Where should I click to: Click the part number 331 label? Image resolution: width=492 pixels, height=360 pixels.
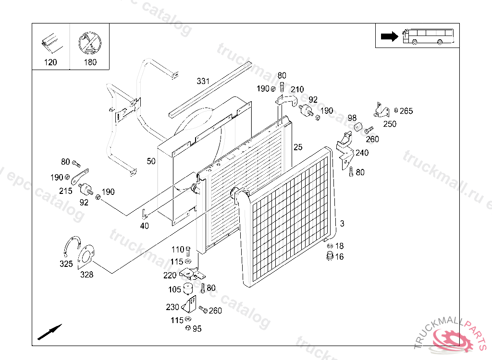pyautogui.click(x=203, y=81)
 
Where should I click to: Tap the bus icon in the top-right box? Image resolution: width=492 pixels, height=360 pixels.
pyautogui.click(x=429, y=36)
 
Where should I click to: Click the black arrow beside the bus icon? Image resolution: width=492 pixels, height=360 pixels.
pyautogui.click(x=388, y=36)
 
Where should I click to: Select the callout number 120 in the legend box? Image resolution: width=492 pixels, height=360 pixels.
pyautogui.click(x=50, y=62)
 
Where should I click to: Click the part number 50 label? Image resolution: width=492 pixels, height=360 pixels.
pyautogui.click(x=151, y=161)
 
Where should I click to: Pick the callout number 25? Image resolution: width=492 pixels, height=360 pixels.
pyautogui.click(x=298, y=147)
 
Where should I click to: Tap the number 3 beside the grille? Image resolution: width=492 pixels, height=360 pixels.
pyautogui.click(x=342, y=224)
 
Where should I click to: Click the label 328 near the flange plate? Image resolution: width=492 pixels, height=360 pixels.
pyautogui.click(x=86, y=275)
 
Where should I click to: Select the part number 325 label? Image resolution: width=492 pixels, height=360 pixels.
pyautogui.click(x=66, y=264)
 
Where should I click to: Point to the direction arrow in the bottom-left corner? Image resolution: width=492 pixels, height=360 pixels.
pyautogui.click(x=49, y=332)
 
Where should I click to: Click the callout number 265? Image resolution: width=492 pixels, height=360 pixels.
pyautogui.click(x=406, y=111)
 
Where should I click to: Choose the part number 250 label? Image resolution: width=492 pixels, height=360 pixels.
pyautogui.click(x=390, y=124)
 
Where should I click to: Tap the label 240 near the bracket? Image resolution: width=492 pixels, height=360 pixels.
pyautogui.click(x=362, y=153)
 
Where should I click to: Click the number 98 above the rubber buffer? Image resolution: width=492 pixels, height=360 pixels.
pyautogui.click(x=352, y=118)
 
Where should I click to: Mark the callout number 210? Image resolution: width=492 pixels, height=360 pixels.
pyautogui.click(x=297, y=89)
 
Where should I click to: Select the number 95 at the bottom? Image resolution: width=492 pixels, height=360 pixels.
pyautogui.click(x=197, y=329)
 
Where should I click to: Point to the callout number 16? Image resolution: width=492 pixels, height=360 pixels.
pyautogui.click(x=339, y=257)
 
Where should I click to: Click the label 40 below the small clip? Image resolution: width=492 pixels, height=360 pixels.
pyautogui.click(x=144, y=226)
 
